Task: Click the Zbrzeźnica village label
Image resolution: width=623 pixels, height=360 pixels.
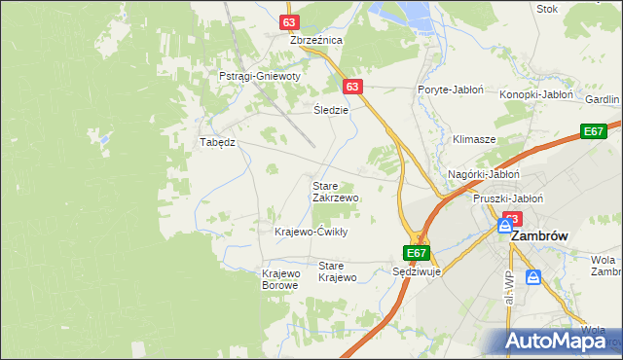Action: [x=316, y=41]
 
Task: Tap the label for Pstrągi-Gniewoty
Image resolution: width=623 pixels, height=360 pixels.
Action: [x=259, y=76]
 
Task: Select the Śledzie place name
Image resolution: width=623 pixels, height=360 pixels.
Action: [x=331, y=110]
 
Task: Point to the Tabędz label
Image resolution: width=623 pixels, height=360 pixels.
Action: [x=218, y=142]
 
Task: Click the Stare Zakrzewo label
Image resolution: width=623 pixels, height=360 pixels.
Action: [x=335, y=191]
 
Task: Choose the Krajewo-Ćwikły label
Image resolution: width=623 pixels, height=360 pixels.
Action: [x=311, y=232]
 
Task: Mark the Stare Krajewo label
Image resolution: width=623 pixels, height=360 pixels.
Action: [x=338, y=271]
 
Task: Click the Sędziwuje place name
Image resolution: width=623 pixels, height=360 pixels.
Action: [x=417, y=271]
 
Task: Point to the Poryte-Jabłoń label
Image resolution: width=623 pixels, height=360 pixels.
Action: [x=451, y=90]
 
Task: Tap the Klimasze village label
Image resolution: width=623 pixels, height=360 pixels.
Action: [x=474, y=140]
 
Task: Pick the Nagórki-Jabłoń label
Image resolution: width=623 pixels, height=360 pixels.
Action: [x=484, y=174]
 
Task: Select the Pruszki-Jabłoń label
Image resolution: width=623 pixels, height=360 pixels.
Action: [x=507, y=198]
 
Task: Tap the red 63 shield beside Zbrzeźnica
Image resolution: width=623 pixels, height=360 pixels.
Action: [x=288, y=21]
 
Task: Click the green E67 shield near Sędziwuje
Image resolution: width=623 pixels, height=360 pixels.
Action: [x=417, y=253]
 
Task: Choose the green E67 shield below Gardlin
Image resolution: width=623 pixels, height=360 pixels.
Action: [x=593, y=131]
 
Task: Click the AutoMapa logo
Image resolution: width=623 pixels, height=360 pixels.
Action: [x=560, y=341]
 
